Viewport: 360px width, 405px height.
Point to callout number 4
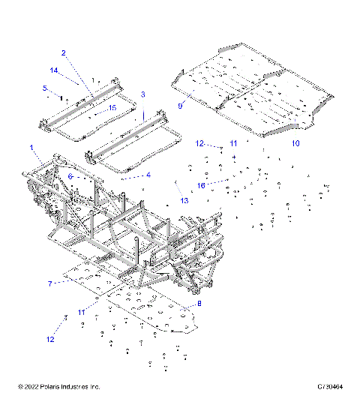148,175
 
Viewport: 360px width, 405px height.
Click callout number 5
44,88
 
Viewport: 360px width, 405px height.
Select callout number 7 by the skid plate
49,284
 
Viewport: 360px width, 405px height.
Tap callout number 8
199,303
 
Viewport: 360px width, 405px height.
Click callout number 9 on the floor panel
180,106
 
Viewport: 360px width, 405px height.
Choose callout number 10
295,142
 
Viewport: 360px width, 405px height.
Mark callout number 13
183,200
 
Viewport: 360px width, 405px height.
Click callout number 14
54,70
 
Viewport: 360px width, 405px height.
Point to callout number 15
112,108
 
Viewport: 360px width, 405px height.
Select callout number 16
200,184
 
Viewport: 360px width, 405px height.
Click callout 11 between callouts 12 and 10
233,142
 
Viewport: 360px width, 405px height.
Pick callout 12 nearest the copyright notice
50,339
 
